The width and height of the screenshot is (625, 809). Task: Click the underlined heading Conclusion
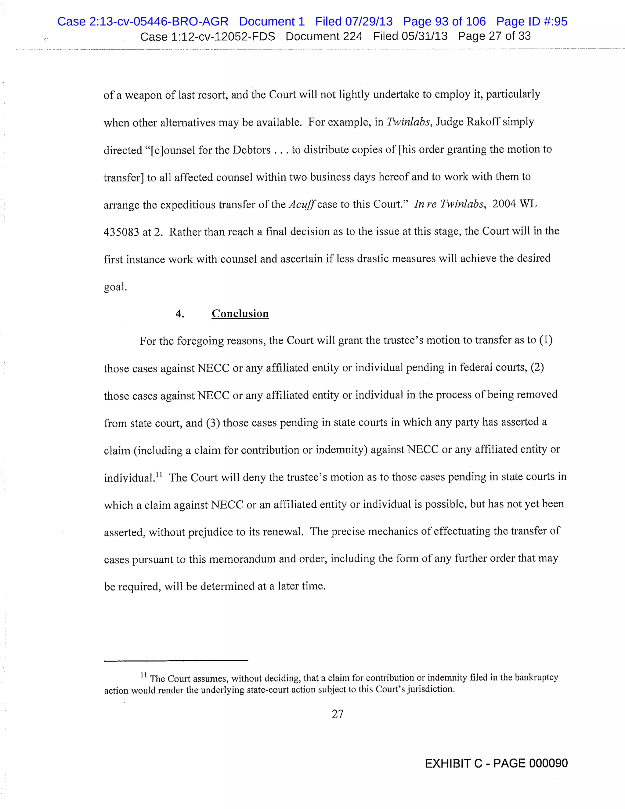point(240,314)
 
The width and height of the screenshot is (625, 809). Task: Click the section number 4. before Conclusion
point(179,314)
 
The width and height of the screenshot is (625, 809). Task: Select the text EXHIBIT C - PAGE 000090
point(496,764)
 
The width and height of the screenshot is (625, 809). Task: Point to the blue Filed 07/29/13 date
point(354,21)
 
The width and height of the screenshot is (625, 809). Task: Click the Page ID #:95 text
point(531,21)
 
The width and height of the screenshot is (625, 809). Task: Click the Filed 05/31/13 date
point(410,36)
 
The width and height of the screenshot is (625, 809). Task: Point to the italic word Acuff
point(302,205)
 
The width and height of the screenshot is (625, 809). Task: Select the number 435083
point(121,232)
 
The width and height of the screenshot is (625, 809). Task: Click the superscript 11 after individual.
point(159,474)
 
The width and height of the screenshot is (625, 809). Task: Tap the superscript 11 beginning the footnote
point(144,675)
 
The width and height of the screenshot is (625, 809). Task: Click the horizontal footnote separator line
point(176,660)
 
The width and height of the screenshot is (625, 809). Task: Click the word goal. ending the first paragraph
point(115,287)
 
